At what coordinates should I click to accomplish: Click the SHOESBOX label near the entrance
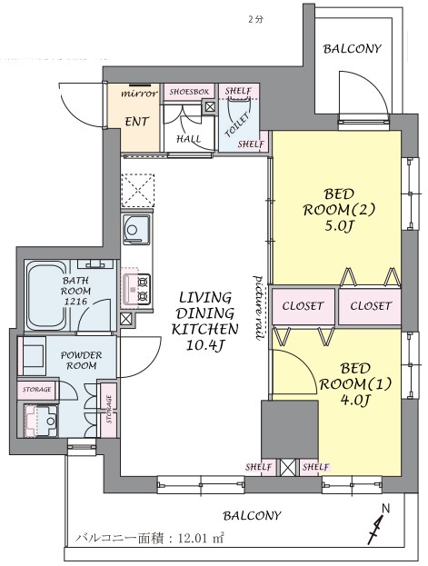(x=189, y=92)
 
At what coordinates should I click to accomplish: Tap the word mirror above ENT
(x=139, y=94)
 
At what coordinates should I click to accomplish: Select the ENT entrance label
(x=137, y=122)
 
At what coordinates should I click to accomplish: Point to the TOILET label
(x=237, y=124)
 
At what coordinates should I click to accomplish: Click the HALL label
(x=188, y=139)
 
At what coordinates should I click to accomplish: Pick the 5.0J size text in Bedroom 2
(x=339, y=226)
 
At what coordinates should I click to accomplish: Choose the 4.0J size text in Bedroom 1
(x=355, y=400)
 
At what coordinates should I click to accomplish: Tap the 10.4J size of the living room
(x=204, y=346)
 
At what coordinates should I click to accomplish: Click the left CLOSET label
(x=303, y=306)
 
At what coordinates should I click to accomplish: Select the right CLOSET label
(x=371, y=306)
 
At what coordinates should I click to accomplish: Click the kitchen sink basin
(x=136, y=229)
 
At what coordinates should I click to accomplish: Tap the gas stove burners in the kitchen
(x=144, y=289)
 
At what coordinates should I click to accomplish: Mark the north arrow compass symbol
(x=378, y=524)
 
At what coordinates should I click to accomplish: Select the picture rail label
(x=259, y=308)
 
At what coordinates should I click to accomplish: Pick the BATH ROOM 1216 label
(x=75, y=291)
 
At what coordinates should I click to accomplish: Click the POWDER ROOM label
(x=81, y=361)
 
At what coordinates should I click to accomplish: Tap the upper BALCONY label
(x=353, y=49)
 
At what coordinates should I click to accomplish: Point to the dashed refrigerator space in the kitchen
(x=137, y=191)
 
